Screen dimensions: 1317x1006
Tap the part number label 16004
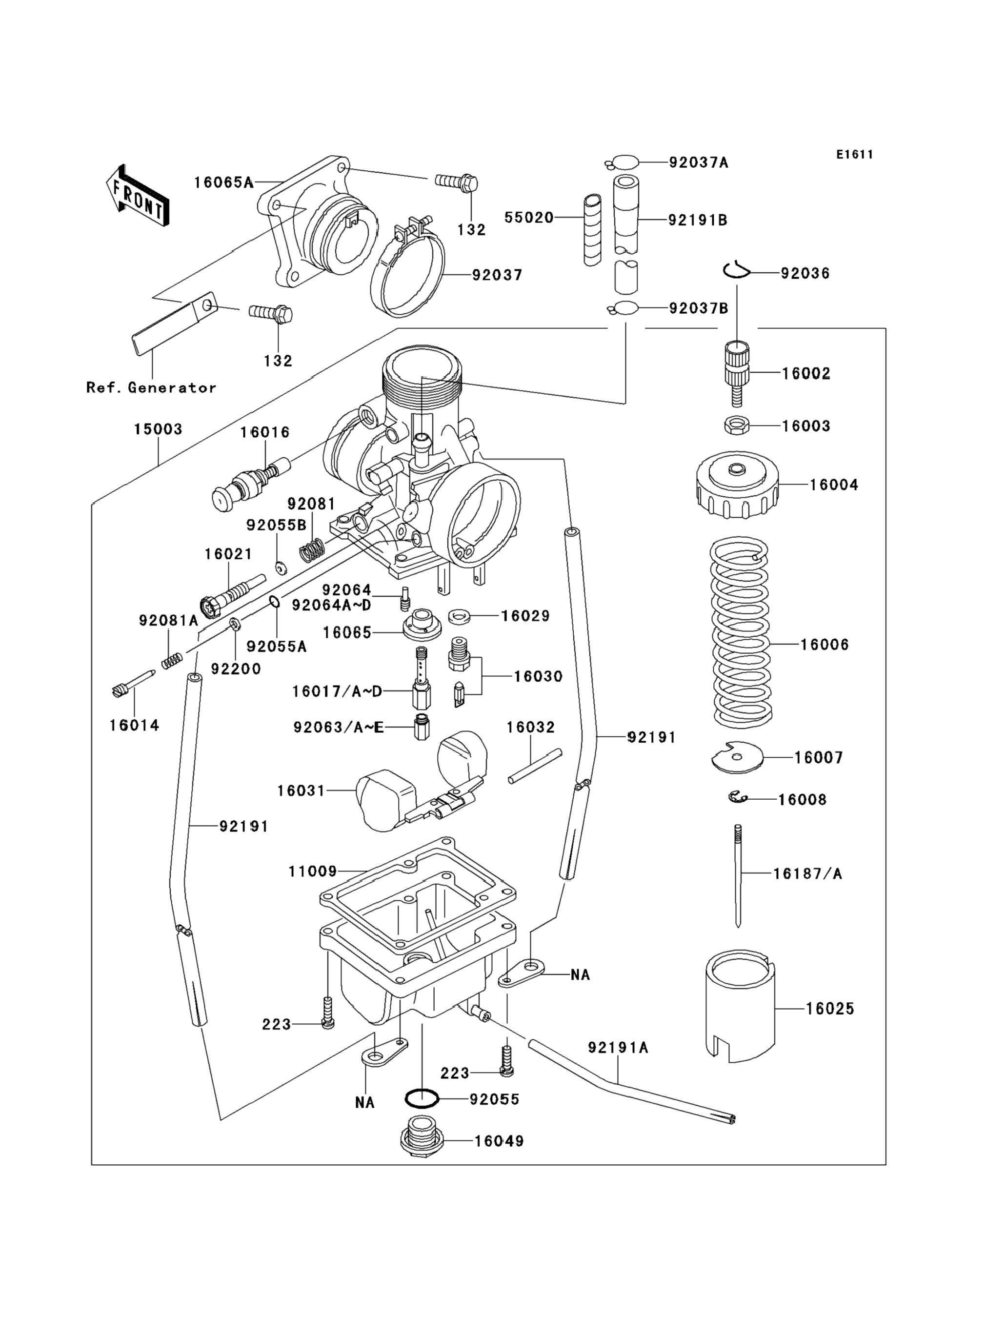tap(834, 485)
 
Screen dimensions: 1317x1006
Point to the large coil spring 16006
tap(740, 631)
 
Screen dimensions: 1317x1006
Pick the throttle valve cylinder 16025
tap(740, 1007)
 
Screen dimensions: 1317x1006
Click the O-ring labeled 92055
tap(422, 1099)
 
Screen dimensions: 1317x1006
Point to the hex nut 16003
tap(737, 426)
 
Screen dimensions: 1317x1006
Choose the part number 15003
tap(158, 429)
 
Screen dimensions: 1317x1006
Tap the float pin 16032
tap(535, 766)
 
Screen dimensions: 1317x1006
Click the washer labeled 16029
tap(459, 615)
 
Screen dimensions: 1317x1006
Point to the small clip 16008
tap(738, 797)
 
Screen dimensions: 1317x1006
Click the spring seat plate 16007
tap(737, 758)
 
